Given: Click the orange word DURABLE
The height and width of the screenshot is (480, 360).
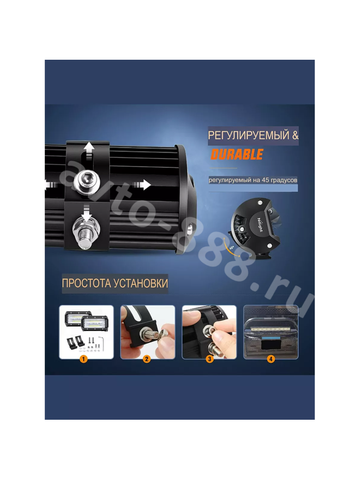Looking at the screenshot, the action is coord(237,154).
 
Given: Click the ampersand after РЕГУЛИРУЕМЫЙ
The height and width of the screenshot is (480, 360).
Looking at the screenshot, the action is coord(295,135).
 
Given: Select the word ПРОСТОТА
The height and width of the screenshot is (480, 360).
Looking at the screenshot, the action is coord(86,283).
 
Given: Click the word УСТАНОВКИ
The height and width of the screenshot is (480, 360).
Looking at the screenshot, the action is coord(141,283).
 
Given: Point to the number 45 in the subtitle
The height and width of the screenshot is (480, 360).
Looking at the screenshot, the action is coord(265,180).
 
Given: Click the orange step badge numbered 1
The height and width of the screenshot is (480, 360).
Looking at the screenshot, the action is coord(83,358).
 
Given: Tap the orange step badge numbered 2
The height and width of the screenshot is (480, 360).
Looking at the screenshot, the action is coord(147,358).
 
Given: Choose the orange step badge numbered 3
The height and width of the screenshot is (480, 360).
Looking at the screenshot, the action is coord(210,358).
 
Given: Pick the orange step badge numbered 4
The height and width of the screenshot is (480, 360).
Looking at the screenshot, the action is coord(270,358).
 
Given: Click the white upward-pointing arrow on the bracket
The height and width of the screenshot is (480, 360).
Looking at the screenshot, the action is coord(89,150).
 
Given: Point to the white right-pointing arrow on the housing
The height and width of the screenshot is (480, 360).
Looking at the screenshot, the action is coord(142,185).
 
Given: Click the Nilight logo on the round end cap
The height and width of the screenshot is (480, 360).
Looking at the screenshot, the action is coord(260,225).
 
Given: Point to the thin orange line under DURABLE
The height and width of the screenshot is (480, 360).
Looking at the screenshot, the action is coord(224,168).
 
